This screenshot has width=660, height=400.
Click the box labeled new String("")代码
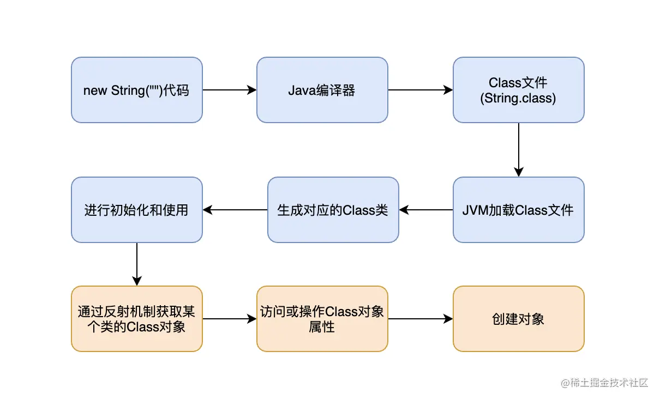[x=136, y=90]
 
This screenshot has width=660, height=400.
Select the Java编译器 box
[x=322, y=90]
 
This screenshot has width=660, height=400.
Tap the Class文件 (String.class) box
[x=518, y=90]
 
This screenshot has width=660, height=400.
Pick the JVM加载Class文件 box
[x=518, y=210]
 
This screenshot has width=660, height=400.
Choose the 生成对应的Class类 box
[x=333, y=210]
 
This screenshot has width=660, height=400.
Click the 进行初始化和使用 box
[x=136, y=210]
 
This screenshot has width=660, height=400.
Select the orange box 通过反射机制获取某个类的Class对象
[x=136, y=319]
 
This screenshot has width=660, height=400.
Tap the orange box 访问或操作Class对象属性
[x=322, y=319]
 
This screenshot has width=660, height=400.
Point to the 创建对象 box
[x=518, y=319]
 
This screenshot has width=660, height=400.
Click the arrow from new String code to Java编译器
[x=229, y=90]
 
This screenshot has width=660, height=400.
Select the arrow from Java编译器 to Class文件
[x=420, y=90]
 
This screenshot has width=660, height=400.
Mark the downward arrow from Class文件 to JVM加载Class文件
[x=518, y=150]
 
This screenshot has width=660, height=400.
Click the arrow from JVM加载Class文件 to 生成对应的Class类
[x=425, y=210]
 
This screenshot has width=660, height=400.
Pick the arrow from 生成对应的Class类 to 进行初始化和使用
[x=235, y=210]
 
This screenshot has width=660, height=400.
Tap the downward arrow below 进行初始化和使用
[x=136, y=264]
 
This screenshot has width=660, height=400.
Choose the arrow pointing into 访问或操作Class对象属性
[x=229, y=319]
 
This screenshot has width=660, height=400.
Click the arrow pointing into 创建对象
[x=420, y=319]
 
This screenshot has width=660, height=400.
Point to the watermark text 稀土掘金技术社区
[x=609, y=383]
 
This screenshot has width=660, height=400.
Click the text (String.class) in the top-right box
[x=518, y=99]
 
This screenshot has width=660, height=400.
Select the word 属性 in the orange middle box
[x=322, y=328]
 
